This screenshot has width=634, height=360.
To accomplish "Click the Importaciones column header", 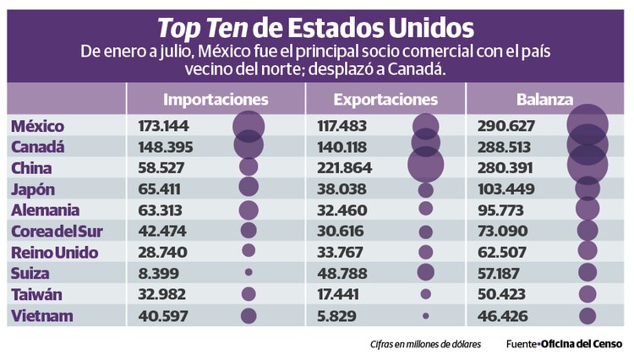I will [x=216, y=100].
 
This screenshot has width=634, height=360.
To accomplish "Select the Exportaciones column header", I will [x=385, y=100].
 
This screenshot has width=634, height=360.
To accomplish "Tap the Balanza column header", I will [x=545, y=100].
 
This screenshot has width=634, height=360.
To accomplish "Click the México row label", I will [x=38, y=126].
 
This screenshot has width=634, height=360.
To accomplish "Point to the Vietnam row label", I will [x=41, y=316].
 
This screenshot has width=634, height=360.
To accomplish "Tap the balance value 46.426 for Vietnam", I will [x=504, y=316].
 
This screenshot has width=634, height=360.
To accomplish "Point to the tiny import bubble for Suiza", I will [x=249, y=273].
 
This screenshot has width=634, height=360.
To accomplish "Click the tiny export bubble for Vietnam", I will [x=425, y=316].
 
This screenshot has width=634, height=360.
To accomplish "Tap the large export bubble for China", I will [x=425, y=164].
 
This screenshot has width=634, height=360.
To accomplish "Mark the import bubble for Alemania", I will [x=249, y=210].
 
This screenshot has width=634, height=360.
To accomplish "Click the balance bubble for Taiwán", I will [x=588, y=295].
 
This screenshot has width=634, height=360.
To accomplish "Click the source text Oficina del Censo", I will [x=582, y=344].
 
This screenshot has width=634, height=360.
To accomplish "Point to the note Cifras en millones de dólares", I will [x=424, y=344].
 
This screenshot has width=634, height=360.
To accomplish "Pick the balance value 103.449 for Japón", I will [x=507, y=189].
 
